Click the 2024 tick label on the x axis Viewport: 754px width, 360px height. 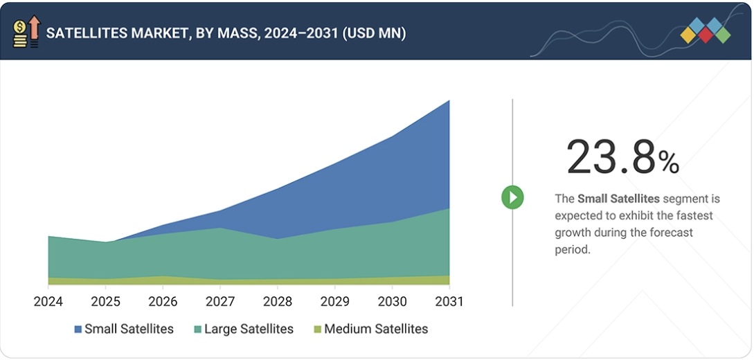(48, 302)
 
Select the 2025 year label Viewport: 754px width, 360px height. (106, 302)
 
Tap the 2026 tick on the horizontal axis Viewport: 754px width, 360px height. (163, 302)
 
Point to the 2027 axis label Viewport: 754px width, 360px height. (220, 302)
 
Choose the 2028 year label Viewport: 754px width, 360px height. (278, 302)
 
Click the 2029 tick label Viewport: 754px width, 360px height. (335, 302)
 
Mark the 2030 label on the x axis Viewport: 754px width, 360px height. (392, 302)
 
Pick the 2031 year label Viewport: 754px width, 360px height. (449, 302)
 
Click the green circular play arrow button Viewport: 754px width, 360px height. (512, 198)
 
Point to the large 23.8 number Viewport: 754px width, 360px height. (610, 157)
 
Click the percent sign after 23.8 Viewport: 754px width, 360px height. (668, 163)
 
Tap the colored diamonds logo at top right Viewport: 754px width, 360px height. (705, 30)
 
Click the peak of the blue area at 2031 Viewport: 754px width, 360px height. (449, 101)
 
